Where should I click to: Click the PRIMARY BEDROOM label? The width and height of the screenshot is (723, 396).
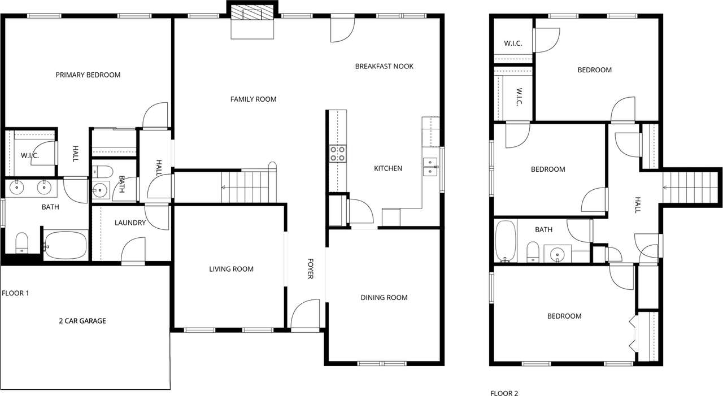click(88, 75)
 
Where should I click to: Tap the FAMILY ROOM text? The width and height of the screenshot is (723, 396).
click(254, 99)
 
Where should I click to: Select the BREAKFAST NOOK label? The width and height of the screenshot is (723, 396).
click(384, 66)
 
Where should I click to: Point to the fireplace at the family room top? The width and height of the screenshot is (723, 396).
click(252, 20)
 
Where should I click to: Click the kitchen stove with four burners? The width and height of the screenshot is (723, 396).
click(338, 154)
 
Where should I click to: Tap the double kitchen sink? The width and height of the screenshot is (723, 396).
click(431, 167)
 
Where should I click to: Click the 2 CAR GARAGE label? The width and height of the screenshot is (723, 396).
click(82, 321)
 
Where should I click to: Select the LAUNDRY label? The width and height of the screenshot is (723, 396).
click(130, 223)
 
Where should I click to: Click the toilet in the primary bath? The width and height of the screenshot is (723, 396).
click(22, 243)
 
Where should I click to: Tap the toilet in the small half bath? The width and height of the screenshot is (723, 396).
click(103, 171)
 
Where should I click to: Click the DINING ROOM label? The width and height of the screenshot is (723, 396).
click(384, 298)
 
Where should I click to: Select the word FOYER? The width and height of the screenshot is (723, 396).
click(311, 268)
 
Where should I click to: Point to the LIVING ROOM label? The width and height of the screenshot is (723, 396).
click(231, 269)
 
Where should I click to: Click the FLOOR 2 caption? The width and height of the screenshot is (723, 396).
click(504, 393)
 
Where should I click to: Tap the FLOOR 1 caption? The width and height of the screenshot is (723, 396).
click(15, 293)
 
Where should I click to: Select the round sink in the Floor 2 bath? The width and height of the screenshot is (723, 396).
click(558, 254)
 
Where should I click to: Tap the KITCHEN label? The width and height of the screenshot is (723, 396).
click(388, 168)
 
